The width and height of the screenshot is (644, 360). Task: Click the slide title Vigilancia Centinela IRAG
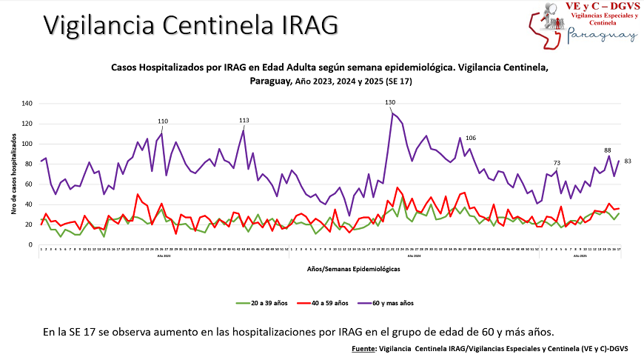point(191,25)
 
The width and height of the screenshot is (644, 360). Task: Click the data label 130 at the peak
point(390,102)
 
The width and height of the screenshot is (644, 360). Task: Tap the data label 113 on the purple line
point(244,120)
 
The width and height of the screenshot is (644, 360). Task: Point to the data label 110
point(163,121)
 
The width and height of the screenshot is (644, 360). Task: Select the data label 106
point(471,139)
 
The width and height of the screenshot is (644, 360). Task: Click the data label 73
point(557,163)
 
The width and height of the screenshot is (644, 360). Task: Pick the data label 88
point(608,150)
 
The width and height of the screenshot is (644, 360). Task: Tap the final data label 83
point(628,161)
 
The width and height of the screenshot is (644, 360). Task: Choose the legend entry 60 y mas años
point(387,303)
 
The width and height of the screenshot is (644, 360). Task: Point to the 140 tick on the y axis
point(27,104)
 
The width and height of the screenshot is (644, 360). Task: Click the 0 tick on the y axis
point(31,244)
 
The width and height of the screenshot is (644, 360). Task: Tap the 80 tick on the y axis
point(29,164)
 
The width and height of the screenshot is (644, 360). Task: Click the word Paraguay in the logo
point(601,35)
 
